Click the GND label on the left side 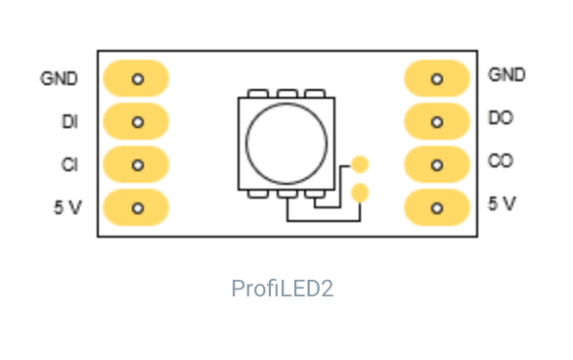coord(60,78)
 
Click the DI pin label coord(69,121)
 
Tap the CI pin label coord(69,164)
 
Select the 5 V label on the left coord(67,207)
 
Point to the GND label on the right coord(507,74)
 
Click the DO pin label coord(501,117)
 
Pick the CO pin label coord(501,160)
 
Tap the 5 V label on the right coord(502,203)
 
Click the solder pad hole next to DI coord(138,122)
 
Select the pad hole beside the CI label coord(138,165)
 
